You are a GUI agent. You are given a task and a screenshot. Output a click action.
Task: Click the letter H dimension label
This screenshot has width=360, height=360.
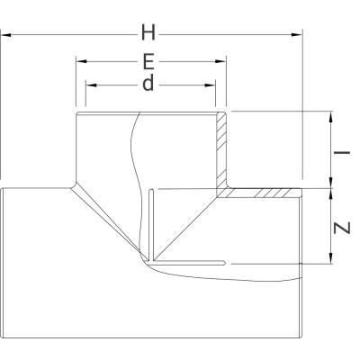148,33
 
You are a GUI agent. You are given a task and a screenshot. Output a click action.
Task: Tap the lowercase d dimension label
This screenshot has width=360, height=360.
148,85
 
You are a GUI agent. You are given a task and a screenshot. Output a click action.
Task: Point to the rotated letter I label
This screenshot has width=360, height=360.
341,152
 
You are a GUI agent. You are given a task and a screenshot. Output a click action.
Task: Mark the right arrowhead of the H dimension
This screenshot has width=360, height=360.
299,35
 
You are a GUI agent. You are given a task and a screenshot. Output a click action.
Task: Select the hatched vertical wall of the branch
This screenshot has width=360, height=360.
220,148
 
